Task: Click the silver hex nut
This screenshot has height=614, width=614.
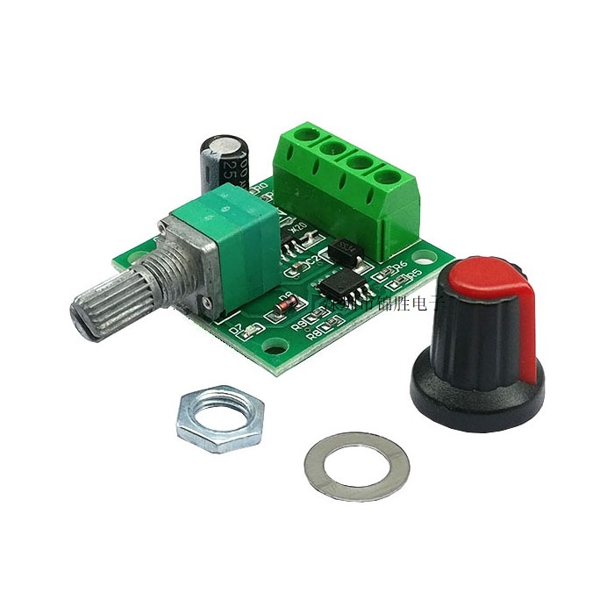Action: click(215, 419)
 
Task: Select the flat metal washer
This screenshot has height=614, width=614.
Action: click(356, 465)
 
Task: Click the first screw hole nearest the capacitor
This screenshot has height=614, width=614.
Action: click(307, 139)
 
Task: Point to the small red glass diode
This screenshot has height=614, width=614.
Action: click(283, 307)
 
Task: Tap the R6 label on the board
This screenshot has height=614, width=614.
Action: click(401, 264)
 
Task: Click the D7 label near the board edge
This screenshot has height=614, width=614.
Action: click(235, 330)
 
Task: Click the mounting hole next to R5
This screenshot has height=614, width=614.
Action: click(427, 261)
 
